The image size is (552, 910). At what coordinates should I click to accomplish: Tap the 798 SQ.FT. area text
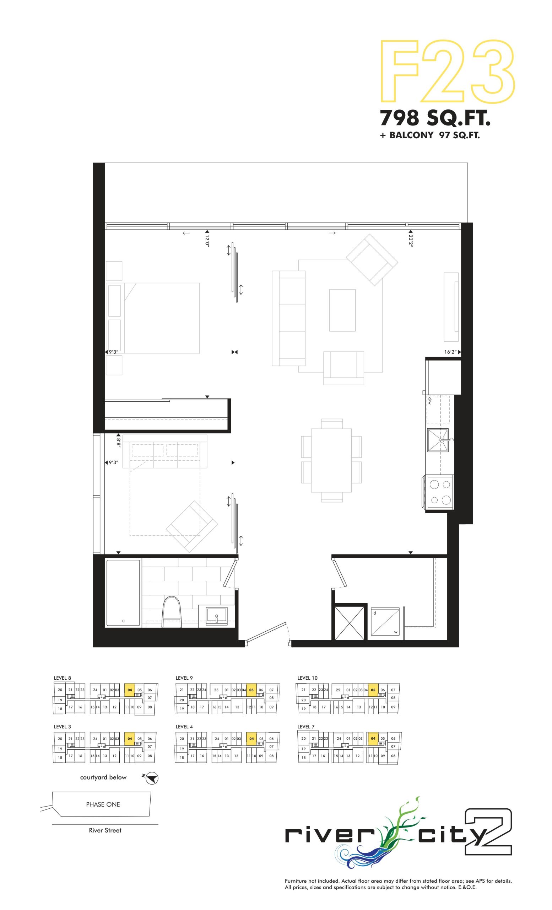[x=435, y=118]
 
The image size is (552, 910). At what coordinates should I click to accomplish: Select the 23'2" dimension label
[x=411, y=240]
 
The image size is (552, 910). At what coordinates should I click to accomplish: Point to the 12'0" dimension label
[x=207, y=240]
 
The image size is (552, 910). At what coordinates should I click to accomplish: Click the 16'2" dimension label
[x=450, y=352]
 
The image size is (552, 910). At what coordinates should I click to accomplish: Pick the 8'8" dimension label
[x=118, y=442]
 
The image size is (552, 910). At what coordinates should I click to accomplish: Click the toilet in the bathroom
[x=172, y=612]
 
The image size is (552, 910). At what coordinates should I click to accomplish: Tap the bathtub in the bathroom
[x=123, y=593]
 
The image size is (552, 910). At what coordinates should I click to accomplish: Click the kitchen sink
[x=438, y=440]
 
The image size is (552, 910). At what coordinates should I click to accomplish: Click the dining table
[x=331, y=460]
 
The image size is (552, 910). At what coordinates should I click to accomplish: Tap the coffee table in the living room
[x=342, y=310]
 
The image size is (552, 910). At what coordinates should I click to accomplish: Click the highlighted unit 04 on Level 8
[x=130, y=690]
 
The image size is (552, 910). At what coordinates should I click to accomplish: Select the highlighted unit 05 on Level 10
[x=373, y=690]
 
